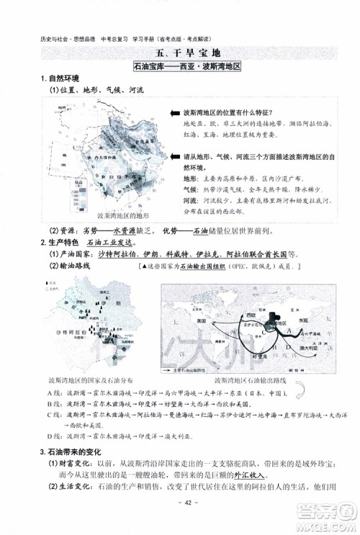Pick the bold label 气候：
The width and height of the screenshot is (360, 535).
click(x=191, y=189)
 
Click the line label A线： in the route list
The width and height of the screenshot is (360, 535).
click(x=54, y=393)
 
